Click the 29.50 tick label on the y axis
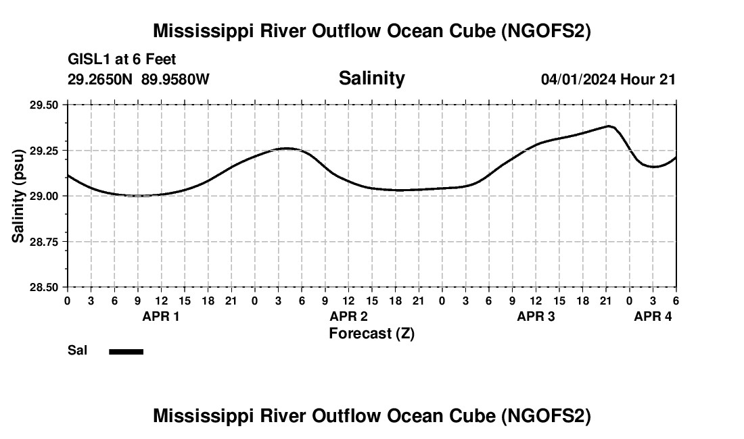(44, 105)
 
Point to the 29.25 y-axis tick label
(44, 151)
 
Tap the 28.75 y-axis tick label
(44, 242)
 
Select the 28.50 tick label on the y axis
(44, 287)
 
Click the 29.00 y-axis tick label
(44, 196)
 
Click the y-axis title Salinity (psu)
(18, 196)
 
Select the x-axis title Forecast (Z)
(371, 334)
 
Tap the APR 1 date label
(161, 316)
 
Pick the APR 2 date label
(348, 316)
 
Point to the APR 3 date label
(536, 316)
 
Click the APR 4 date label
(653, 316)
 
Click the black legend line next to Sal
(126, 351)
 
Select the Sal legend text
(77, 351)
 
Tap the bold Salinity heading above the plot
(371, 78)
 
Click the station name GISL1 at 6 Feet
(122, 60)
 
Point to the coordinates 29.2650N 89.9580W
(139, 80)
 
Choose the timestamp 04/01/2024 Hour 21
(608, 80)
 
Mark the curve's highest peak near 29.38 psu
(609, 126)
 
